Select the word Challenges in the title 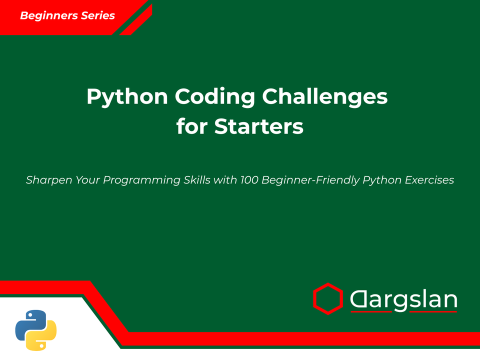pos(325,96)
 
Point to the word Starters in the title pos(259,126)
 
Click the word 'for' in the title pos(192,126)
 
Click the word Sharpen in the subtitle pos(48,180)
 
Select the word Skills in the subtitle pos(194,180)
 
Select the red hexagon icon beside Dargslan pos(328,299)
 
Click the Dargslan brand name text pos(403,299)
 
